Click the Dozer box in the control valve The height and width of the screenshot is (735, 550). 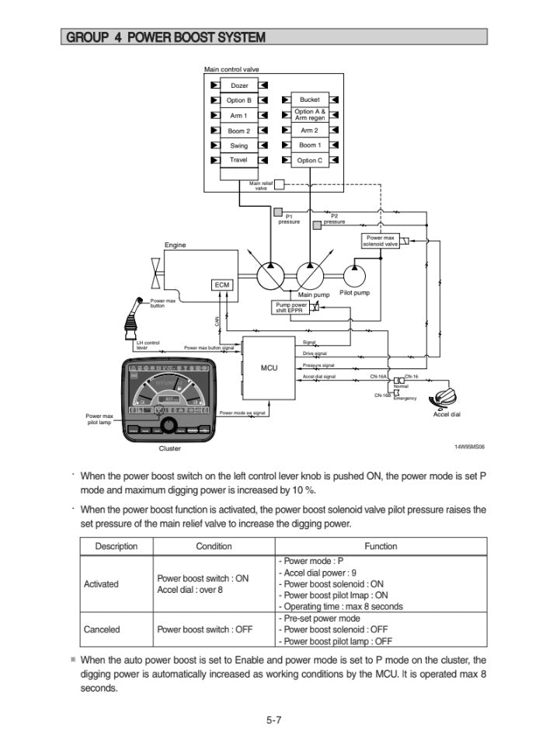[x=239, y=85]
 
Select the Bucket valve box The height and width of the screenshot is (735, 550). [x=309, y=99]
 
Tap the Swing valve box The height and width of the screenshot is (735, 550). [x=239, y=145]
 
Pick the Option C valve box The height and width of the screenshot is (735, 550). [x=309, y=160]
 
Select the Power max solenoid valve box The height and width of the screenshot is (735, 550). [x=381, y=241]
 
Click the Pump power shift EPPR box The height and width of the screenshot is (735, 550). [x=290, y=308]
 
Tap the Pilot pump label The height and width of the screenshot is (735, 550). [x=355, y=294]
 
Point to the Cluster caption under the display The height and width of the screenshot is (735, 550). [x=169, y=448]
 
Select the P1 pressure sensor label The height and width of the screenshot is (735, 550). [x=289, y=218]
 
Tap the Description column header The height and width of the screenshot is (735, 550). [x=117, y=546]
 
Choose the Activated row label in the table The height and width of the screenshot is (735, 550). [x=101, y=583]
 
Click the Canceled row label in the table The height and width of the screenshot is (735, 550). [x=101, y=630]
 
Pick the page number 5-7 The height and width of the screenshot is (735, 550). [x=273, y=720]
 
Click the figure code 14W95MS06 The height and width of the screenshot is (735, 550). [x=469, y=447]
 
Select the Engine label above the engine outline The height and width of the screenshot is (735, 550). [x=175, y=246]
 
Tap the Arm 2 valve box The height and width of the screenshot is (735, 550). [x=309, y=131]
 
